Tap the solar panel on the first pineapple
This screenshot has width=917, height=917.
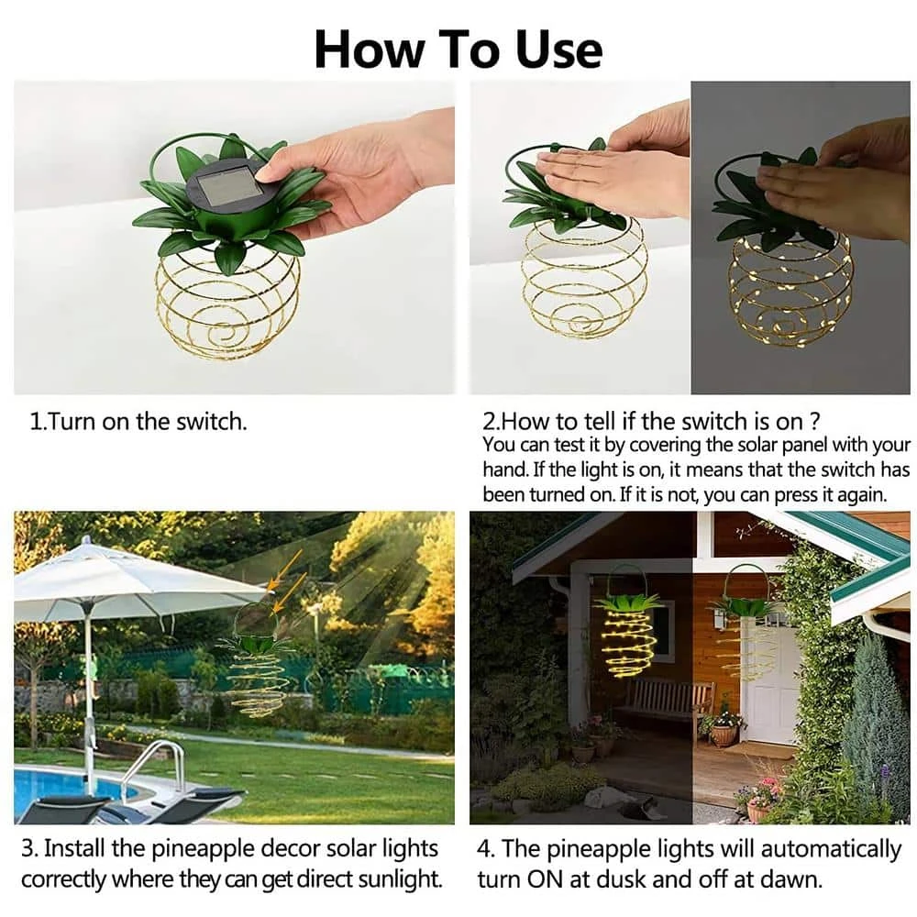tap(226, 185)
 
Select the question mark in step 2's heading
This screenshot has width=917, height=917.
tap(815, 422)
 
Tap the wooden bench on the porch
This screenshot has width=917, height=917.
tap(665, 702)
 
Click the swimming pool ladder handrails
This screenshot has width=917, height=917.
tap(152, 766)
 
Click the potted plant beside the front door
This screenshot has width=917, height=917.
tap(724, 728)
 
